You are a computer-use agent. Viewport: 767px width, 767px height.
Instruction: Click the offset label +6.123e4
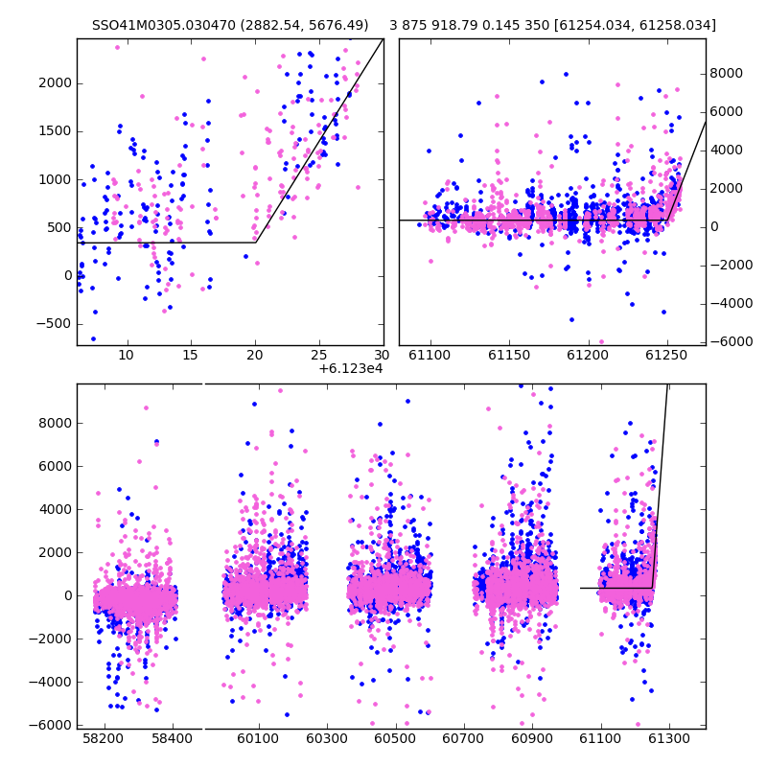point(351,369)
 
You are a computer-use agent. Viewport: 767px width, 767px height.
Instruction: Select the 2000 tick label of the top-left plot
point(55,83)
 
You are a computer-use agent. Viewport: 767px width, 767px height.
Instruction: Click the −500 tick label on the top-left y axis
point(54,324)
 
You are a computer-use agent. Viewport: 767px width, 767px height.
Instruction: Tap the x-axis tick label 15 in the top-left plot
point(190,355)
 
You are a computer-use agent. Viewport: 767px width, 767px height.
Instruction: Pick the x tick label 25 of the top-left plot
point(319,355)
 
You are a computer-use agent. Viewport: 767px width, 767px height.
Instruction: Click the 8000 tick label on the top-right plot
point(727,74)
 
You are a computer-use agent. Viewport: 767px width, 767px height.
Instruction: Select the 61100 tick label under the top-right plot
point(430,355)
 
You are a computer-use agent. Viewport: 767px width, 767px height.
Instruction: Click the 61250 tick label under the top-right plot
point(666,355)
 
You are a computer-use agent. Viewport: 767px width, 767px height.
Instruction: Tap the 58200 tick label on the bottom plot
point(104,738)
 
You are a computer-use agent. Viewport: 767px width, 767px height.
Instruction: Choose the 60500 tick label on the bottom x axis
point(395,738)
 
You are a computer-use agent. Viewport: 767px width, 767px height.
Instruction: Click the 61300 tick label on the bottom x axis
point(669,738)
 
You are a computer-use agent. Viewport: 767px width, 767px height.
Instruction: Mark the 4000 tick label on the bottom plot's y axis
point(55,510)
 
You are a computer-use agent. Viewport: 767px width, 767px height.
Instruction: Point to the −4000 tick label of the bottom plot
point(50,682)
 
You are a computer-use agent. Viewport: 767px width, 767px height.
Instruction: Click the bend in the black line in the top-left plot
point(256,243)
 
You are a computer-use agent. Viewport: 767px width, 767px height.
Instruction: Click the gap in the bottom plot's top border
point(203,384)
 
